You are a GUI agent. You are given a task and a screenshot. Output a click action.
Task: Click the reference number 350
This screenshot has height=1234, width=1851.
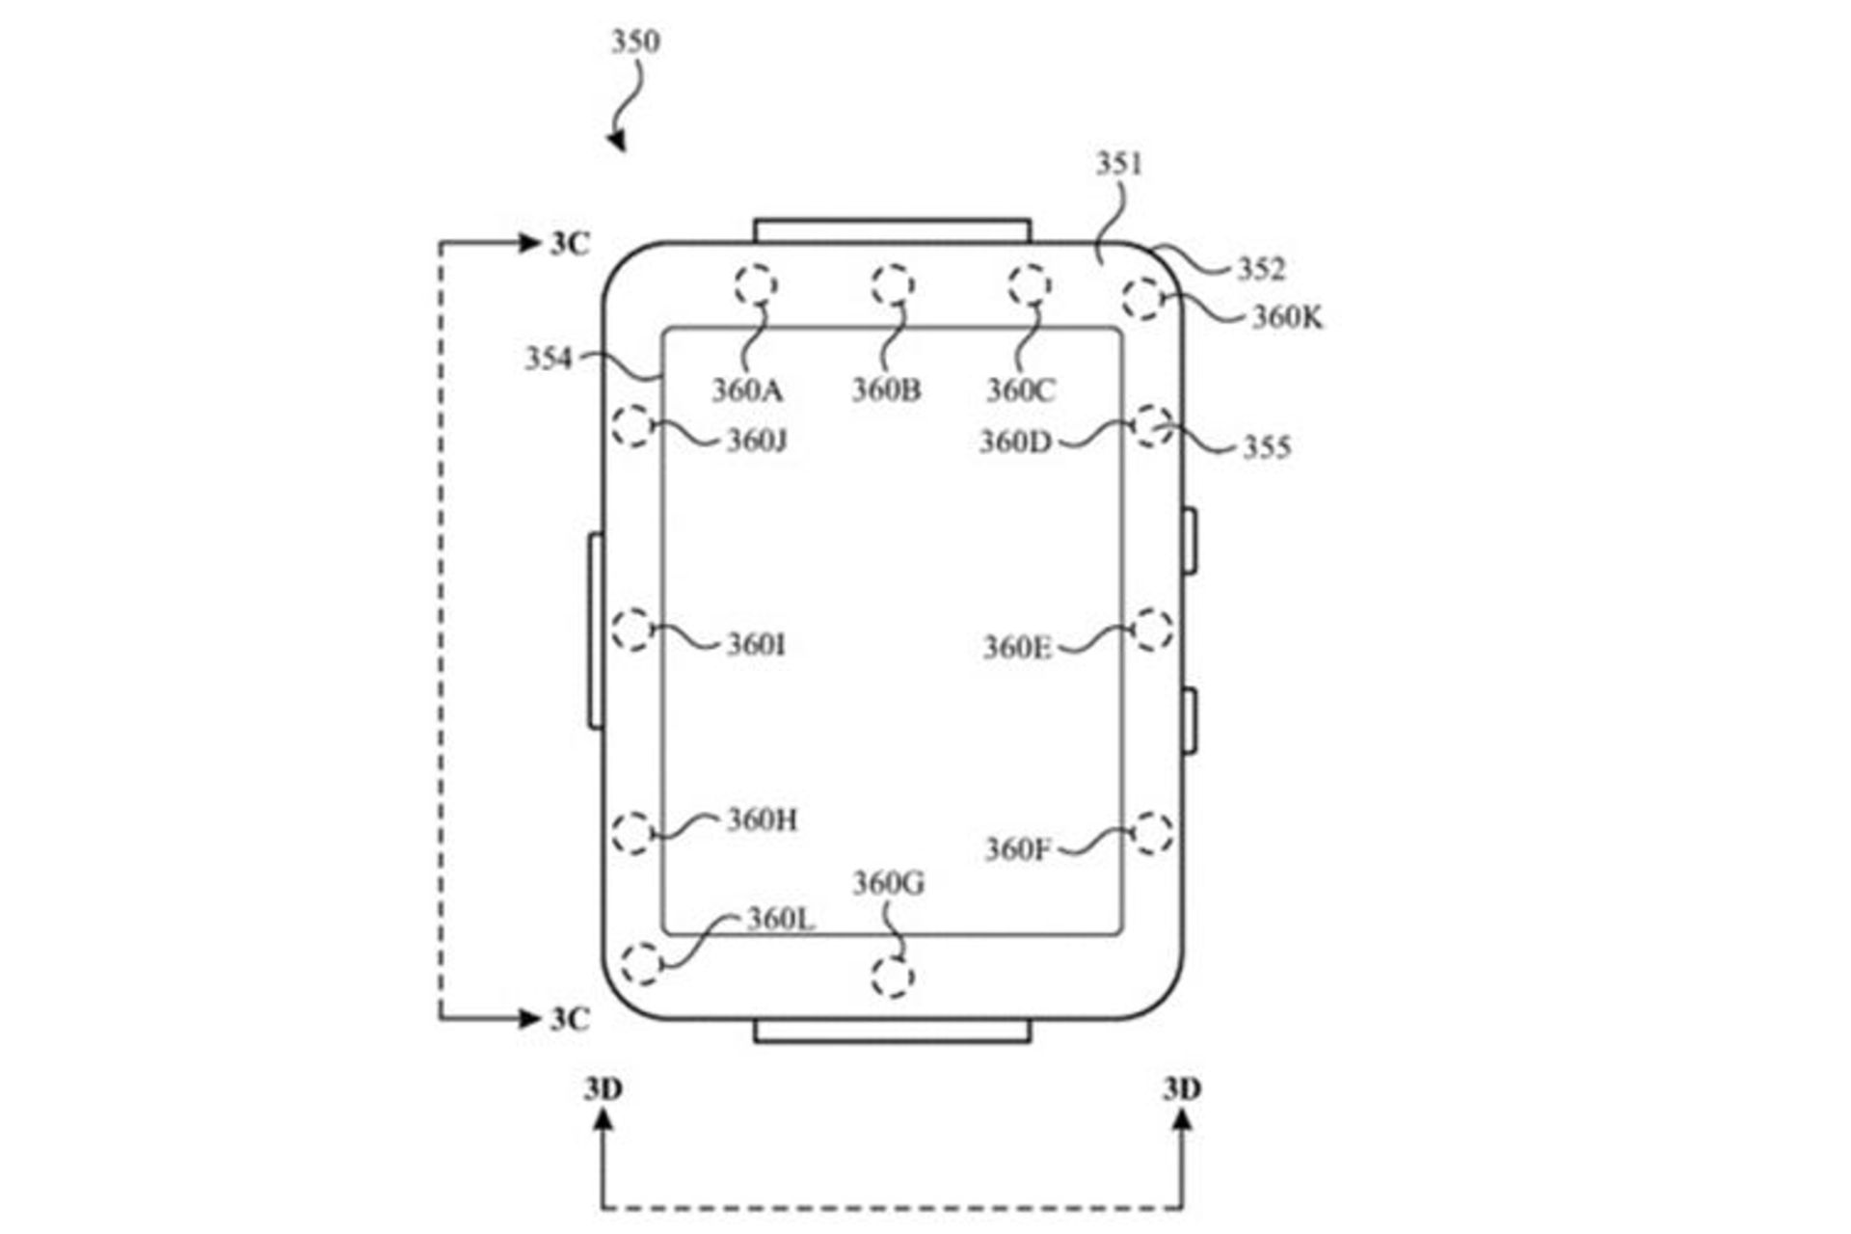635,41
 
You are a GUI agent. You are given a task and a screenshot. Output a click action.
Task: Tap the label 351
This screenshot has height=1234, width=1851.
1118,164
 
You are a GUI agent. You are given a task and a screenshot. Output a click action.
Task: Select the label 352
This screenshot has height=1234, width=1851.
1262,269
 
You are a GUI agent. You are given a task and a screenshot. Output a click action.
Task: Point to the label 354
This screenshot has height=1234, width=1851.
548,359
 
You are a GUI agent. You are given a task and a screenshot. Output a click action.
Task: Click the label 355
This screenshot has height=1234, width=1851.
1266,446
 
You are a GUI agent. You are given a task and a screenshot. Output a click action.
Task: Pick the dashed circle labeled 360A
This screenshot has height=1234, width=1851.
756,285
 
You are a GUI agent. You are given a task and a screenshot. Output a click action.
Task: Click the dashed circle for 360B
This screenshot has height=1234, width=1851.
893,285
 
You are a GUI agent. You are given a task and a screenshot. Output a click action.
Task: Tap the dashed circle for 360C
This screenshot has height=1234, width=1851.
1030,285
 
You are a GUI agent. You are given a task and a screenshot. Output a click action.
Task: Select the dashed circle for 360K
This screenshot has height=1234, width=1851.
1143,298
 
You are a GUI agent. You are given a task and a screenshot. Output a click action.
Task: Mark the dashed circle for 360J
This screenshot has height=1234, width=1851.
632,425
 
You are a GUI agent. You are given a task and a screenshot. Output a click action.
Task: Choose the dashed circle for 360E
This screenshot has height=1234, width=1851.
1152,630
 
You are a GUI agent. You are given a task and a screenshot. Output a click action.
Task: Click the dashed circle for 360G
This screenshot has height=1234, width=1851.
892,977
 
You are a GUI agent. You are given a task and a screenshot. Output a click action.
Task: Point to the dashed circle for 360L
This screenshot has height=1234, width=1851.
642,963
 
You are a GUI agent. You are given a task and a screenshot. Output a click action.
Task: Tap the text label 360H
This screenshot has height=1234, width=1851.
762,819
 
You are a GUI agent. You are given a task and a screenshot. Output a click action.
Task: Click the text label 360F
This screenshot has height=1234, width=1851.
1017,849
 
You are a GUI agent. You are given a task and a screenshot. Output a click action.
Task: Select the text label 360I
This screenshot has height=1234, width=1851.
756,644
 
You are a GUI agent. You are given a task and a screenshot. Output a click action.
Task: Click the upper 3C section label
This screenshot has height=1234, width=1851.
569,244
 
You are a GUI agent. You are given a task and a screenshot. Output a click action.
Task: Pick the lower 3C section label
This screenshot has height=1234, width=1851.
569,1019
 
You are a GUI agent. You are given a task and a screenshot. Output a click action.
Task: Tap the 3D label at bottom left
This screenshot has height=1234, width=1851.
603,1088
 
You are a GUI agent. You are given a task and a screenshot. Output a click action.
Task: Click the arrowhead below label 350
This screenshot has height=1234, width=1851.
617,142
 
